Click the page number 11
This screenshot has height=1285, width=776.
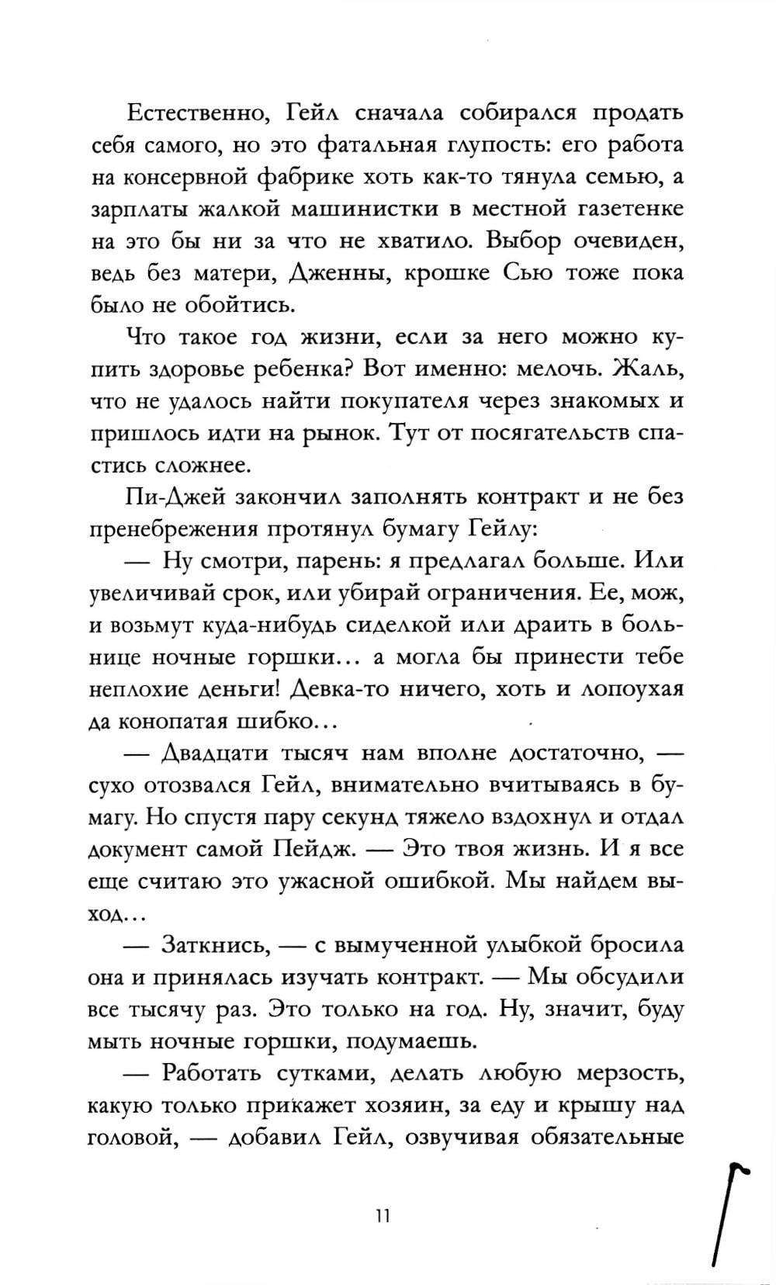click(x=380, y=1215)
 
